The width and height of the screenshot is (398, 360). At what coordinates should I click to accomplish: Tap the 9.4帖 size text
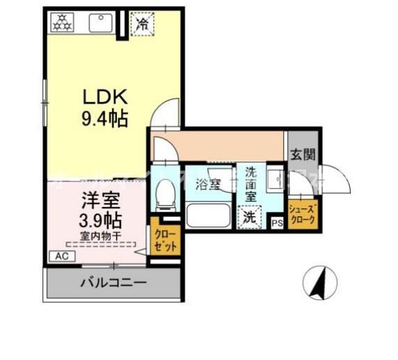click(102, 119)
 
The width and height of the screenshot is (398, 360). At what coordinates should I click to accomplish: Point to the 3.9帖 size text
click(100, 221)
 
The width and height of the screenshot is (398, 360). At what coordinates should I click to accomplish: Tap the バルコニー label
click(113, 283)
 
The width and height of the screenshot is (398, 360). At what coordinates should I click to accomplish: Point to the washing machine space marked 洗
click(248, 216)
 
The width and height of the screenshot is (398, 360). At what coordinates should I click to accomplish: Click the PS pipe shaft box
click(277, 223)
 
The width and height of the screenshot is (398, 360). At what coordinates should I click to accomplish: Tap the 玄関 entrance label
click(302, 154)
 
